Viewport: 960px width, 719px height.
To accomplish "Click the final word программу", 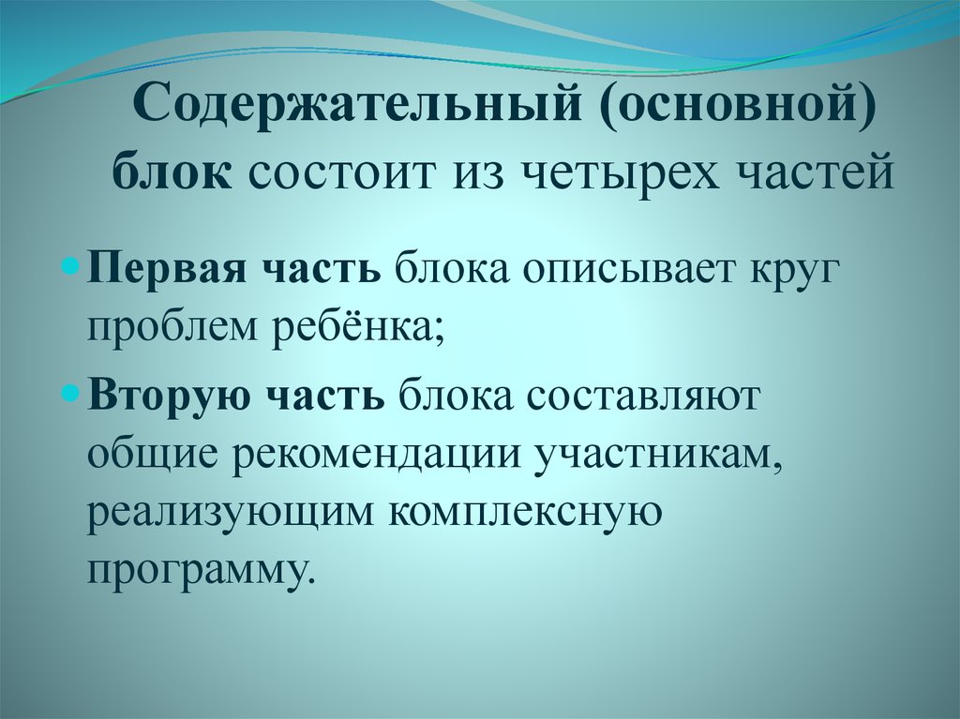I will click(x=198, y=568).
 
